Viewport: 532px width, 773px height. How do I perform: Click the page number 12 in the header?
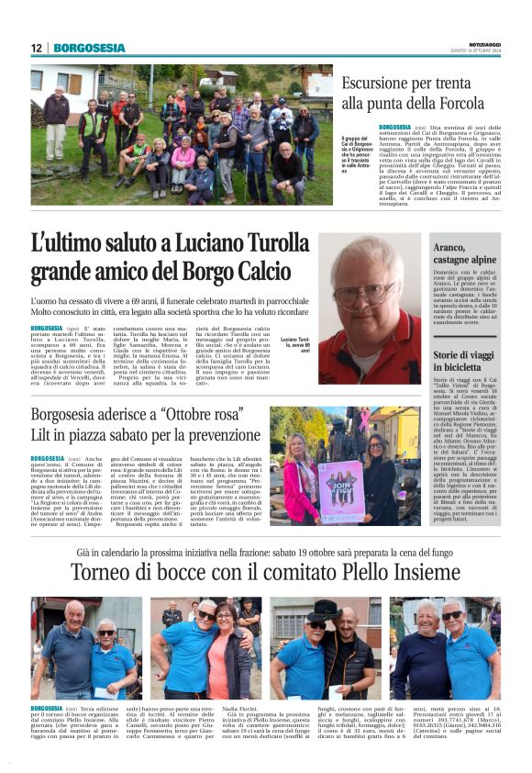tap(36, 48)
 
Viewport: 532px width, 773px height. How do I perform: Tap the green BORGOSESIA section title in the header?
tap(89, 48)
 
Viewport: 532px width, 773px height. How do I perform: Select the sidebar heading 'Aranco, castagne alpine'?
tap(464, 255)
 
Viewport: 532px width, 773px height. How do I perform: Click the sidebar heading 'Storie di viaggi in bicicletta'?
tap(464, 360)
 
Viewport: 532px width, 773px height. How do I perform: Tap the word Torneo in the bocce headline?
tap(105, 573)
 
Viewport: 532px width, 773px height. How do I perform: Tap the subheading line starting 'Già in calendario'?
tap(266, 553)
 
